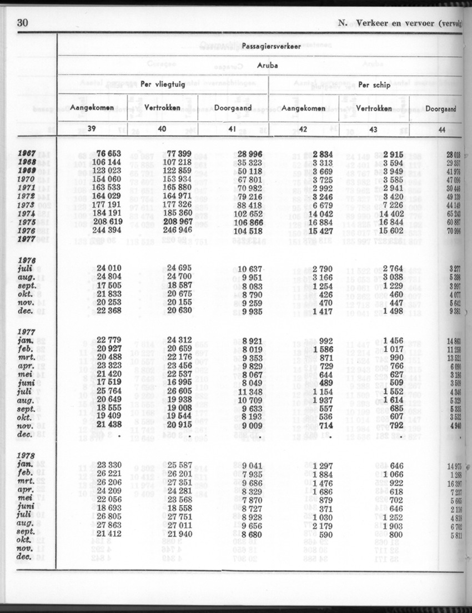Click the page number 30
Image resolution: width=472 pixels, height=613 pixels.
tap(23, 23)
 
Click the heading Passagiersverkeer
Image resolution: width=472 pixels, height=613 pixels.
tap(272, 47)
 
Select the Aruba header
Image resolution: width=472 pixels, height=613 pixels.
tap(267, 65)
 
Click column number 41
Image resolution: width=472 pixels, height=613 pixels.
tap(233, 129)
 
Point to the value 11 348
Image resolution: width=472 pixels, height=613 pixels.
tap(248, 392)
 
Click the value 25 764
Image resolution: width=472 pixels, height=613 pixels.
tap(109, 392)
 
